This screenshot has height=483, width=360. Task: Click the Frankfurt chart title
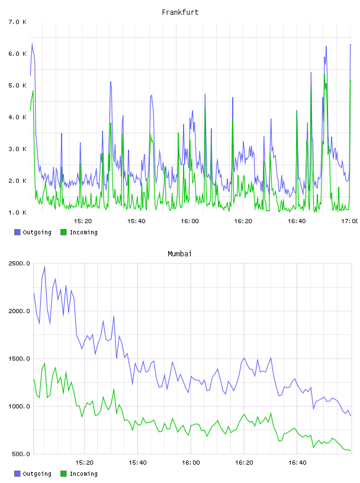(180, 12)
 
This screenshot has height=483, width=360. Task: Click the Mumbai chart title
(179, 254)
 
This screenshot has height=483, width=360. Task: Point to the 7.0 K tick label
(18, 22)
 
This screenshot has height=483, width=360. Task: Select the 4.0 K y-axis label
(18, 117)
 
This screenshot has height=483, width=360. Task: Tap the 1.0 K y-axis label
(18, 212)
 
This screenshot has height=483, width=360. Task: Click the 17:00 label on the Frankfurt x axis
(349, 221)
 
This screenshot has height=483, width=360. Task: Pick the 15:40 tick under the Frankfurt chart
(136, 221)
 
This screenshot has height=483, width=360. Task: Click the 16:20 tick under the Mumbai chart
(244, 462)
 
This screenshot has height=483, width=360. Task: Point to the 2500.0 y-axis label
(20, 263)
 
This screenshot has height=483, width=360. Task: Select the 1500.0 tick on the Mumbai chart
(20, 359)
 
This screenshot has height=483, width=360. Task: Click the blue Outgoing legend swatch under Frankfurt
(17, 232)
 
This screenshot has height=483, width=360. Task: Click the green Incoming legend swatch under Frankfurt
(63, 232)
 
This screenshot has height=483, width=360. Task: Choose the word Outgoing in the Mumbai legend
(37, 474)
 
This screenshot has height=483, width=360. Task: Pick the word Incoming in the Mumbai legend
(83, 474)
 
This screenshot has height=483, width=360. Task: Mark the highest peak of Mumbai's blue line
(44, 267)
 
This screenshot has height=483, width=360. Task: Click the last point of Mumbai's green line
(351, 450)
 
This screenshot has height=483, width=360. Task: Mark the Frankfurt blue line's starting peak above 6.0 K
(32, 43)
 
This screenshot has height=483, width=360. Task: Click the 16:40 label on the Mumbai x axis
(297, 462)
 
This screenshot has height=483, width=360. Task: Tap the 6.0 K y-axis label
(18, 54)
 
